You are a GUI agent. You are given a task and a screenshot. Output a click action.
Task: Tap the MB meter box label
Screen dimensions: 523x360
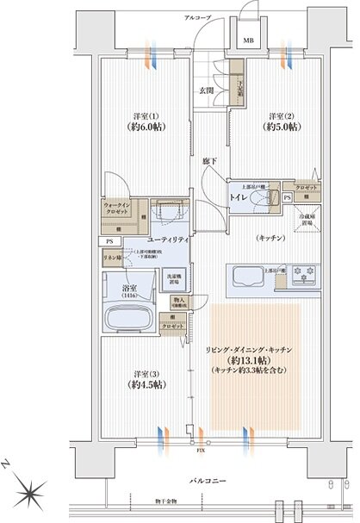tap(248, 40)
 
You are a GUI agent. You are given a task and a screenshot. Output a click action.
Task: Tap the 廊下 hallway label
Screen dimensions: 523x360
tap(208, 161)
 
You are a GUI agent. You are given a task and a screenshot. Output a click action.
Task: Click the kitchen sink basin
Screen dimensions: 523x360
tap(245, 277)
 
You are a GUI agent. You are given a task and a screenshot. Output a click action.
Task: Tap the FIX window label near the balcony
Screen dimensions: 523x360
tap(201, 451)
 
